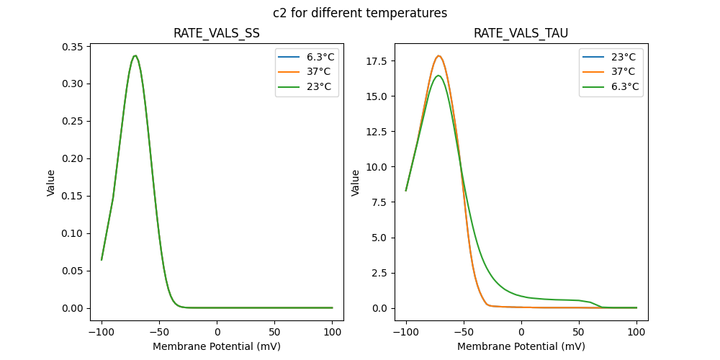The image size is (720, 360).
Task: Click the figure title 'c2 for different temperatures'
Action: pyautogui.click(x=360, y=13)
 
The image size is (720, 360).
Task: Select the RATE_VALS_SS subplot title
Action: pyautogui.click(x=217, y=34)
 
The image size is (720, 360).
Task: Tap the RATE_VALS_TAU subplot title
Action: pyautogui.click(x=521, y=34)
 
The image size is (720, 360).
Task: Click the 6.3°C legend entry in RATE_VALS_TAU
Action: pyautogui.click(x=624, y=86)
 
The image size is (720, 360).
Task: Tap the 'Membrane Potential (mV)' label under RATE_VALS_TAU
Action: pyautogui.click(x=521, y=346)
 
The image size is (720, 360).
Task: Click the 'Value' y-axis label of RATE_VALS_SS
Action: pyautogui.click(x=51, y=183)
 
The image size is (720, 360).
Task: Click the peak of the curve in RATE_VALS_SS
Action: pyautogui.click(x=135, y=55)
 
